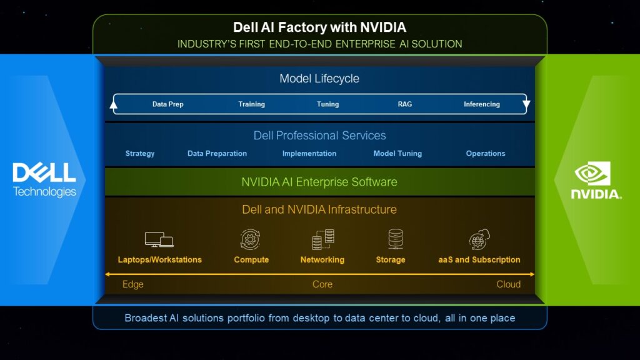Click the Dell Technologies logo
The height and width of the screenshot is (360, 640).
(x=44, y=180)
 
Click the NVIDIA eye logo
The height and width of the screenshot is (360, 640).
(x=592, y=173)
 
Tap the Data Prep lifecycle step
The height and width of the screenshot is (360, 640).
(x=167, y=104)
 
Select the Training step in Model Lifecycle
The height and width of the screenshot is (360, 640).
(x=251, y=104)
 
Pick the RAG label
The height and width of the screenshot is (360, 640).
(x=405, y=104)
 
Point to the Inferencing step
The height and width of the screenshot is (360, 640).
(x=481, y=104)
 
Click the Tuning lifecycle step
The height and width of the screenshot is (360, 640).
(x=327, y=104)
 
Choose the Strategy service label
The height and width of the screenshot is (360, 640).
(x=140, y=154)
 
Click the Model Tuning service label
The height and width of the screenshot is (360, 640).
(x=397, y=154)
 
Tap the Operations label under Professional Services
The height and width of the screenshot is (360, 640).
(x=486, y=154)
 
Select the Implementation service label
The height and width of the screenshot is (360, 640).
(x=309, y=154)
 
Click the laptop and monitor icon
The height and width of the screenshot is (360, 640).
(x=159, y=239)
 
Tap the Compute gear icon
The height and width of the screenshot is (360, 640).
(x=251, y=239)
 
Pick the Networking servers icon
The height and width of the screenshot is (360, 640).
(x=322, y=239)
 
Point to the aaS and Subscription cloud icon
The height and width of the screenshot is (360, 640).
(x=479, y=239)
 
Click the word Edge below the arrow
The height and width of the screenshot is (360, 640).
(x=133, y=284)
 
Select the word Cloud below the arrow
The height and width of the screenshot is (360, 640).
(x=508, y=284)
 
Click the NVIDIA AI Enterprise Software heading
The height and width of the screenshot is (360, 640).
(x=319, y=182)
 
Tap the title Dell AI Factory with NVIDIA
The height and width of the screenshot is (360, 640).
(x=319, y=27)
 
